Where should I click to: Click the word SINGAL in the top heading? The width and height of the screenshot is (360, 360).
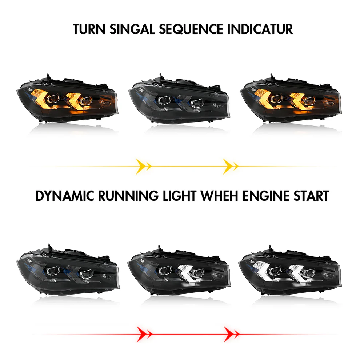click(132, 29)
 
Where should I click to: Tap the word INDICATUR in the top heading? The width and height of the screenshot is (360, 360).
click(260, 29)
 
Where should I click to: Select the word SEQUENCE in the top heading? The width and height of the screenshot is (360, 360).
click(191, 29)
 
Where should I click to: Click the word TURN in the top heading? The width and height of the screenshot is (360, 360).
click(89, 29)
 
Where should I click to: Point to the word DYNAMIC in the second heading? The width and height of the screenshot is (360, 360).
click(65, 196)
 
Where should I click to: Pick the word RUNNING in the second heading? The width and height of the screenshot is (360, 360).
click(128, 196)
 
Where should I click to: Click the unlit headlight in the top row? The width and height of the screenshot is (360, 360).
click(179, 99)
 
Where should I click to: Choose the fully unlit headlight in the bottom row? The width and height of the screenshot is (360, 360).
click(68, 269)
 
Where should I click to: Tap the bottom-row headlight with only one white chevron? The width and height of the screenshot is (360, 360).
click(179, 270)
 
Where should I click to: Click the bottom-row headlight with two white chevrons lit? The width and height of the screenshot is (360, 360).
click(290, 270)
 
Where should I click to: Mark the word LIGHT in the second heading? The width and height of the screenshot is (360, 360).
click(179, 196)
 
